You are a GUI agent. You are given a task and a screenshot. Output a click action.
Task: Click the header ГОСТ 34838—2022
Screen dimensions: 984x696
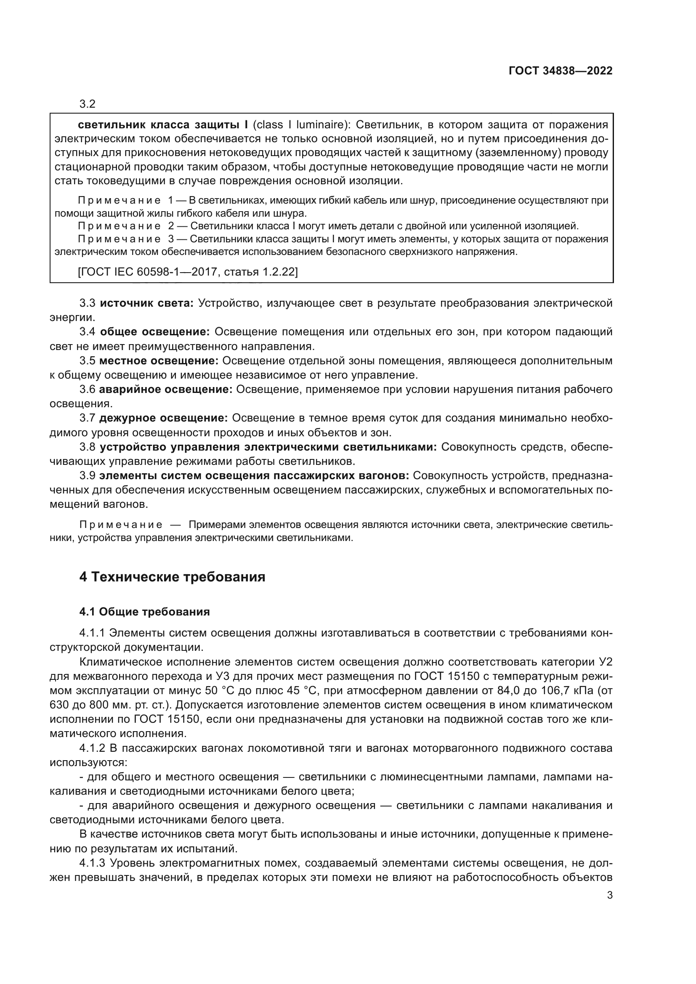pyautogui.click(x=560, y=71)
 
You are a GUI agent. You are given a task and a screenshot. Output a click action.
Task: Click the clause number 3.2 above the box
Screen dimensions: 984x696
pyautogui.click(x=88, y=104)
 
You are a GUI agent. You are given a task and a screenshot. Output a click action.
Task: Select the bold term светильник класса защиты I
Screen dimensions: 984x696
pyautogui.click(x=163, y=125)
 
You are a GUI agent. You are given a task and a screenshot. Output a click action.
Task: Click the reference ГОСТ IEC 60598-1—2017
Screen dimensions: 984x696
pyautogui.click(x=147, y=271)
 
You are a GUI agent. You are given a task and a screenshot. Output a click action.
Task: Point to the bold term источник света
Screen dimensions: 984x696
pyautogui.click(x=146, y=303)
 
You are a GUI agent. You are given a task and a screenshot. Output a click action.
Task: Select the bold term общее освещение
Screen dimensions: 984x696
pyautogui.click(x=155, y=332)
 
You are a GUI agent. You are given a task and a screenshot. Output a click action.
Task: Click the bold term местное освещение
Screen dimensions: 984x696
pyautogui.click(x=159, y=361)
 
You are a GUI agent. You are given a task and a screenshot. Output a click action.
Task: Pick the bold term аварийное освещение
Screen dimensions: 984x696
pyautogui.click(x=165, y=389)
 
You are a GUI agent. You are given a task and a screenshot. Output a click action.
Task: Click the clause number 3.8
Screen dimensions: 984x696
pyautogui.click(x=88, y=447)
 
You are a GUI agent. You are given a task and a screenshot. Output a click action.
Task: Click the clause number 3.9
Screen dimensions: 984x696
pyautogui.click(x=88, y=476)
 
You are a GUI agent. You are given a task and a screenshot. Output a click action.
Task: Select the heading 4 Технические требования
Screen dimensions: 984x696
pyautogui.click(x=172, y=577)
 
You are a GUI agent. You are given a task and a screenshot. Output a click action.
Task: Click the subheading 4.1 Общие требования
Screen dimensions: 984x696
pyautogui.click(x=144, y=612)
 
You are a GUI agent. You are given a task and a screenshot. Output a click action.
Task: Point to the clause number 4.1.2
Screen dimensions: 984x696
pyautogui.click(x=92, y=748)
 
